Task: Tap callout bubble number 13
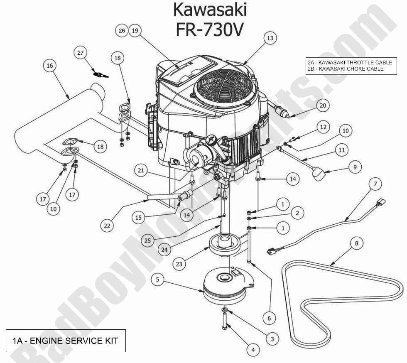270,38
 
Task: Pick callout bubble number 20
323,105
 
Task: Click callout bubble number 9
355,167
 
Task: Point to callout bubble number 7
375,184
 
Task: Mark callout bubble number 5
157,280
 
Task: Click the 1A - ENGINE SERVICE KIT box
65,341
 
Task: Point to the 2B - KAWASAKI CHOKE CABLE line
345,69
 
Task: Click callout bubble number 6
269,318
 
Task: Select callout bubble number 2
297,213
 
